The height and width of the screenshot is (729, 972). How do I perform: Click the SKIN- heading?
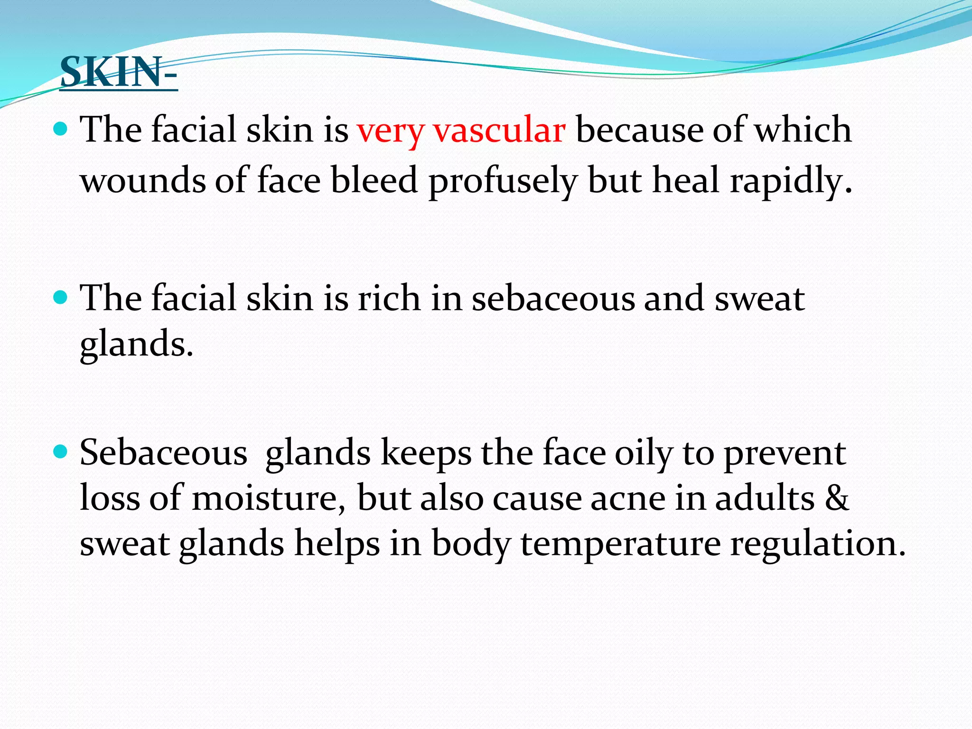[119, 72]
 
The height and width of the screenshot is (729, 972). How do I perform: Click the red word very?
[390, 131]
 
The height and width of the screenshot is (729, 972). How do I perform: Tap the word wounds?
[142, 180]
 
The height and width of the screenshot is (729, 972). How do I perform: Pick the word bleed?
[374, 180]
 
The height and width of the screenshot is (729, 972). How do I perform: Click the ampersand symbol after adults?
[837, 498]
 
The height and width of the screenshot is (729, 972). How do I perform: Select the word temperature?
[621, 544]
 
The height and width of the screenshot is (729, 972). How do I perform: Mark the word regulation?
[818, 544]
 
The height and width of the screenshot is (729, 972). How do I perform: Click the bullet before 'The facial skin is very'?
[60, 129]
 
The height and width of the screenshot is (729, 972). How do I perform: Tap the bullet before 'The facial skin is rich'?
[60, 298]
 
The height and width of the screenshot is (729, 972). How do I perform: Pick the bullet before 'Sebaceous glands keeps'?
[60, 451]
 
